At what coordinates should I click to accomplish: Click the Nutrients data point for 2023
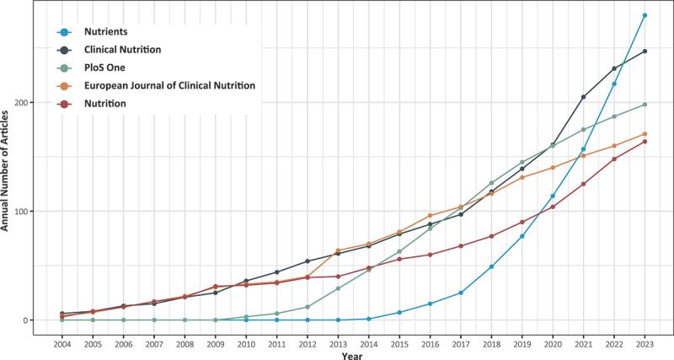645,15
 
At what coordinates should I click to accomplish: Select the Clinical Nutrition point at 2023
645,51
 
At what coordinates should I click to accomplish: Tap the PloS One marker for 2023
645,105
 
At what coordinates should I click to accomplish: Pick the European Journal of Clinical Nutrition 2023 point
645,134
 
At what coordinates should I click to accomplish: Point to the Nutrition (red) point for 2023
645,142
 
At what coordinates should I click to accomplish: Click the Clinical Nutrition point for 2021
583,97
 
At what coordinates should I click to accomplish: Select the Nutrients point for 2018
491,266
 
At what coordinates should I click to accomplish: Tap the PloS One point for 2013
338,288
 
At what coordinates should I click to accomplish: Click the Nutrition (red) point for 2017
461,246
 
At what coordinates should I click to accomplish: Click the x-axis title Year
353,355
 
